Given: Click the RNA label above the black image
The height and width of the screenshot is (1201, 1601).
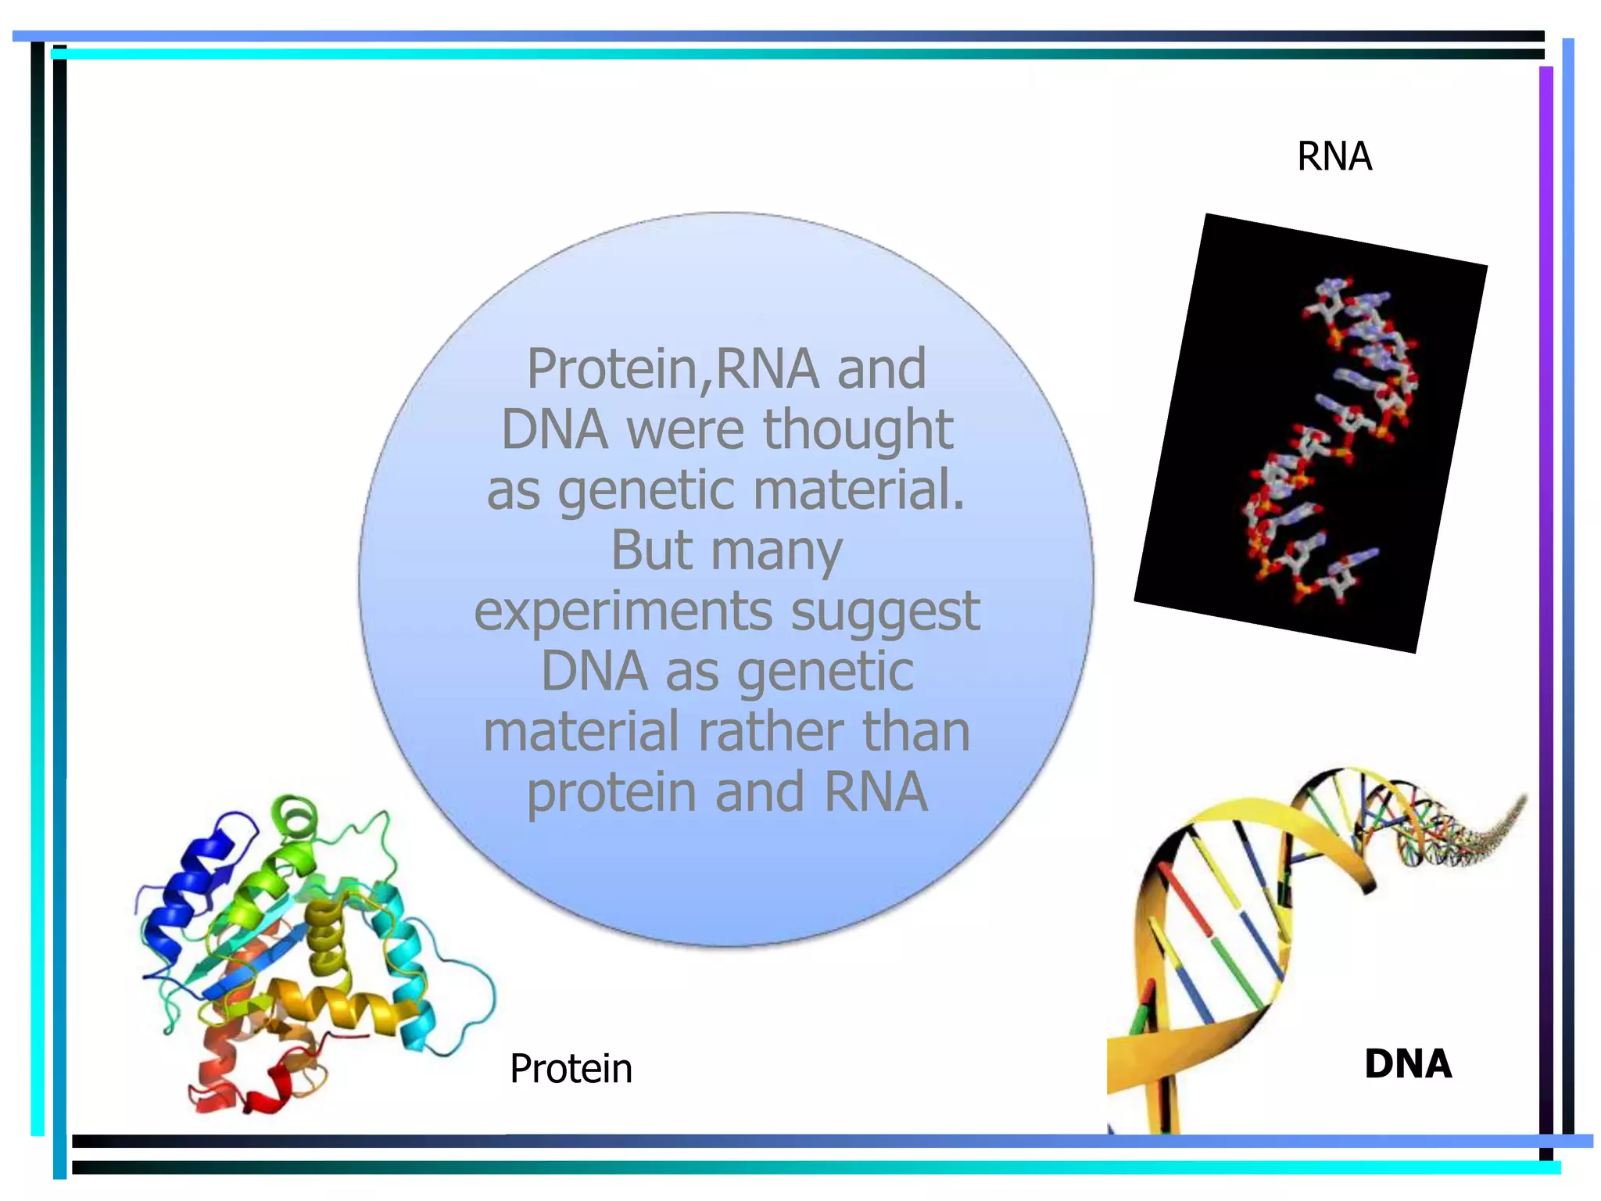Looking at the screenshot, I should (x=1334, y=156).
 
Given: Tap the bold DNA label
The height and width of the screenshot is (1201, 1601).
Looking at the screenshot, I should (x=1407, y=1064).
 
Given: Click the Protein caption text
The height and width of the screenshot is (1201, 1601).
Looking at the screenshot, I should (x=571, y=1069).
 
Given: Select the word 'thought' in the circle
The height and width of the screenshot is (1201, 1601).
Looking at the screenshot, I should (x=858, y=429).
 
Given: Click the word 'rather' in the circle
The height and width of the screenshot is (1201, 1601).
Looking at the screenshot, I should (x=770, y=732).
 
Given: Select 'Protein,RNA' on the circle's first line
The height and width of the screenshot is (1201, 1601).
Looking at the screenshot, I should (x=673, y=369).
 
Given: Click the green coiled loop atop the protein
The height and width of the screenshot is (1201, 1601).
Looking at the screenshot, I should (x=295, y=817).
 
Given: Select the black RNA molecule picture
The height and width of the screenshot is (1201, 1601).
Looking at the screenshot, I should (x=1310, y=432).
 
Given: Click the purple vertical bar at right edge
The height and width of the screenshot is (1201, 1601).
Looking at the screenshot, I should (x=1545, y=547).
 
